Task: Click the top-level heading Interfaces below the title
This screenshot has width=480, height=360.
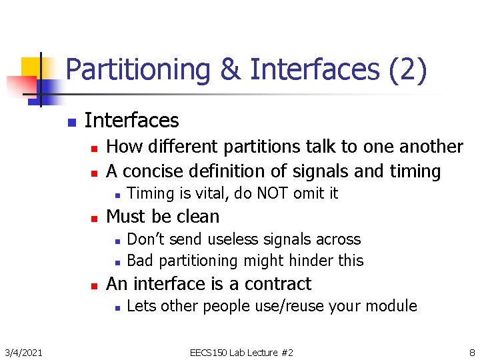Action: [132, 121]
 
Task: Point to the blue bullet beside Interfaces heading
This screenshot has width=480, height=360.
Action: [71, 123]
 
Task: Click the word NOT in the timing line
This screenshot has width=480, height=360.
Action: [273, 194]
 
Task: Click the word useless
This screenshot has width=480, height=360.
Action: [234, 239]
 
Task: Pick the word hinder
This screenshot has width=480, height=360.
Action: [307, 261]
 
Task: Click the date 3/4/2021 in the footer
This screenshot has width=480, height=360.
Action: [23, 352]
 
